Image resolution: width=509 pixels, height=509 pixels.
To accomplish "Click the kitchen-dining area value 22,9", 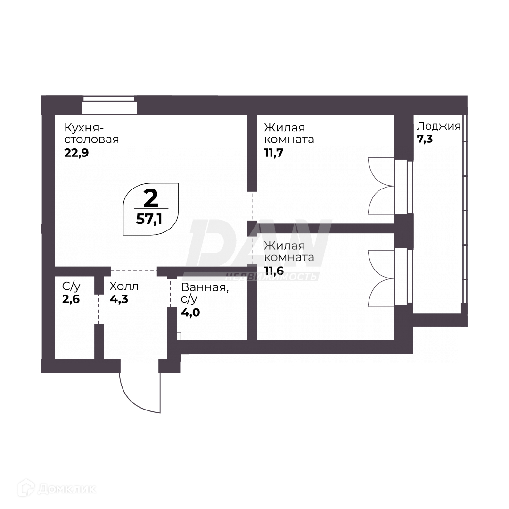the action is [x=76, y=153].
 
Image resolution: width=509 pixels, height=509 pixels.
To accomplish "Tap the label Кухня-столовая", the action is [x=91, y=133].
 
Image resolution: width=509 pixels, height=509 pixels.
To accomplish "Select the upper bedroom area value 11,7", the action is [x=274, y=153].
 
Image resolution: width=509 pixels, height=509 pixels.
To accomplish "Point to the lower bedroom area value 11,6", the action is [x=274, y=271].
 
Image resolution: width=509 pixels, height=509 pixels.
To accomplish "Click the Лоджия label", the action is [x=439, y=126].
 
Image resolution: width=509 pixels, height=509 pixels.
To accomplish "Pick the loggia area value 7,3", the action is [x=425, y=139].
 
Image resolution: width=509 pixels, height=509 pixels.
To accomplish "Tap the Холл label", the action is [x=124, y=287].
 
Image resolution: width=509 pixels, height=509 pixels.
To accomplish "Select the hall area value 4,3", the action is [x=119, y=299].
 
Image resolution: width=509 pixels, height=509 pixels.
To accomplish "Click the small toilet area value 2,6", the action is [x=71, y=299].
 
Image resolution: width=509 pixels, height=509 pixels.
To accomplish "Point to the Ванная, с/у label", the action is [x=205, y=293].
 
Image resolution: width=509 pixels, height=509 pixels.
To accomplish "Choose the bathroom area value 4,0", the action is [x=190, y=312].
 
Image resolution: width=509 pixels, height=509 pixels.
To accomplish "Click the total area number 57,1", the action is [x=149, y=220].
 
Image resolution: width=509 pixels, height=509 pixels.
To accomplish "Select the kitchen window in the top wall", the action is [x=109, y=105].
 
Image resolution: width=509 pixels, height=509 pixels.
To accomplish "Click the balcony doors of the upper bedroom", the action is [x=381, y=186].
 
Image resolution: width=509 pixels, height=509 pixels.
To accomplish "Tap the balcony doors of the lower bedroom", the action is [x=381, y=278].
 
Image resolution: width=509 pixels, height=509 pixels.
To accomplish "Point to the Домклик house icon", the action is [x=26, y=489].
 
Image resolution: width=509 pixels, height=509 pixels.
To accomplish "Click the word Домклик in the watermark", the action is [x=67, y=489].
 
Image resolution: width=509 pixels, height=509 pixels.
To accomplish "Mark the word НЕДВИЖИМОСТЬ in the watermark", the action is [x=271, y=277].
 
